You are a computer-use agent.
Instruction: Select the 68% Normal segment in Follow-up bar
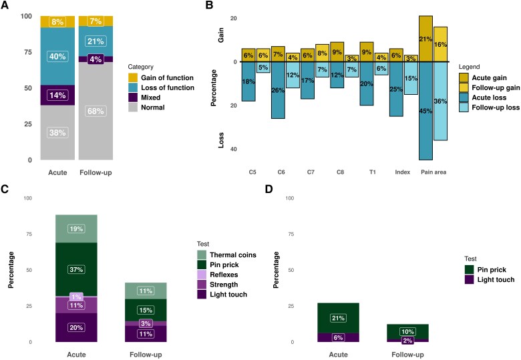(95, 111)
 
